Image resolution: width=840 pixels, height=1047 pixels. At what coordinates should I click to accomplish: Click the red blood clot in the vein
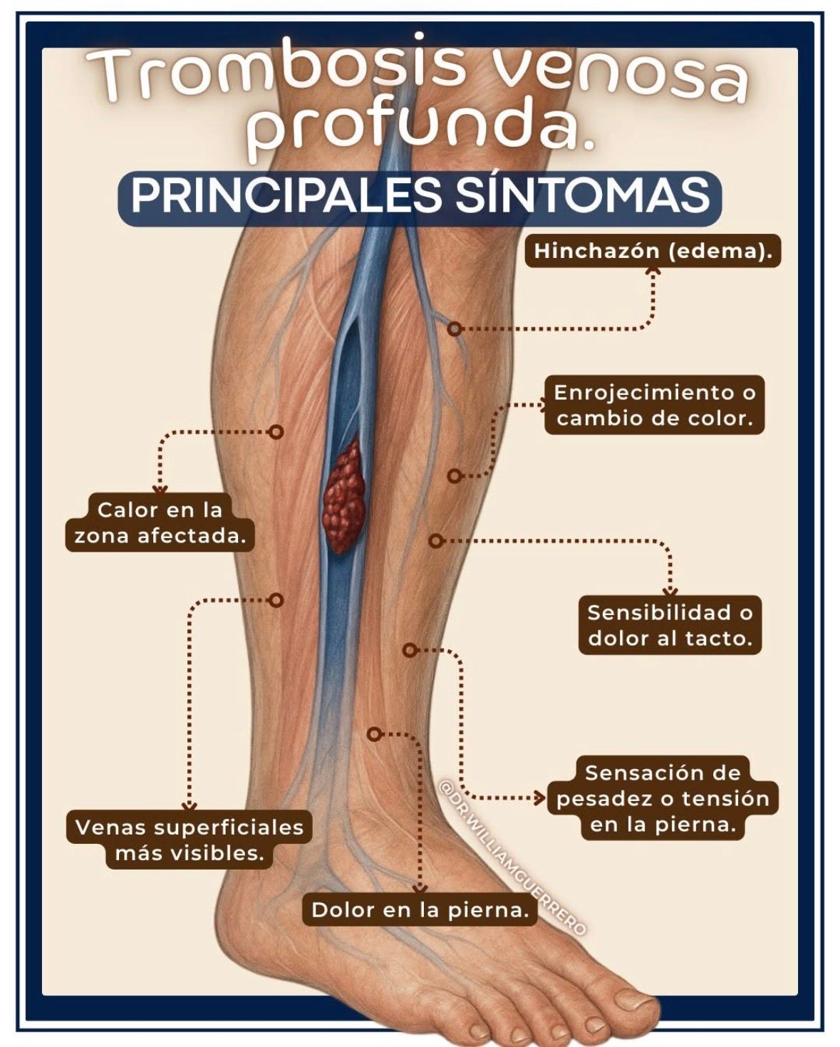click(x=344, y=497)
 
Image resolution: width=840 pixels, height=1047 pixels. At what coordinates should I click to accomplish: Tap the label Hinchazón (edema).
click(x=653, y=251)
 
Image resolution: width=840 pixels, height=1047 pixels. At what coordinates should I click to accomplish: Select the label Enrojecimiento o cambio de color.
click(x=655, y=406)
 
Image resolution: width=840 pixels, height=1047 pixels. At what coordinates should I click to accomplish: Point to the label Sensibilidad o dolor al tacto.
click(x=670, y=625)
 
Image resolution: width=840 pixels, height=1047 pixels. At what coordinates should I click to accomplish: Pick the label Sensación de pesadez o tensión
click(x=663, y=798)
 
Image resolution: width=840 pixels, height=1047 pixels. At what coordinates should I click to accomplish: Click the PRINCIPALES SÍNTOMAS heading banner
click(x=420, y=197)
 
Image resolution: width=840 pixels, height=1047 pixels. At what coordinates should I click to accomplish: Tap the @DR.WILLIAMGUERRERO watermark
click(x=512, y=858)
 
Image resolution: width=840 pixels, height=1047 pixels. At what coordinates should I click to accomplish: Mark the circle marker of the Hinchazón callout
click(x=455, y=329)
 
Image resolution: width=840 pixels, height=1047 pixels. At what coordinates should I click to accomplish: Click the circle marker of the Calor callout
click(x=276, y=431)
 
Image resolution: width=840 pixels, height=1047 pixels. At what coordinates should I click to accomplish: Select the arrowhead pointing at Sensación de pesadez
click(x=539, y=798)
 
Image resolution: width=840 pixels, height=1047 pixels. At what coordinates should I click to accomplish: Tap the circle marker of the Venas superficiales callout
click(x=276, y=600)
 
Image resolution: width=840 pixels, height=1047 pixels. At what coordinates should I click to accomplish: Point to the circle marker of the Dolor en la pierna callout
click(x=373, y=734)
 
